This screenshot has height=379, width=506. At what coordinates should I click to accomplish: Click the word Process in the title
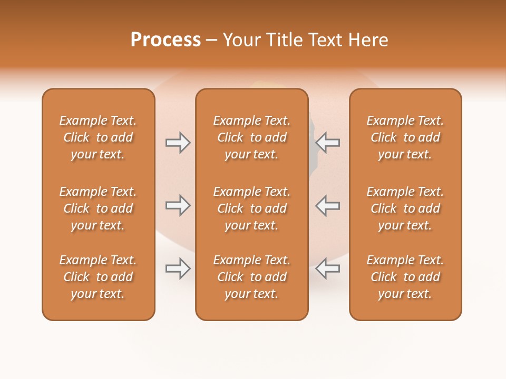tap(166, 40)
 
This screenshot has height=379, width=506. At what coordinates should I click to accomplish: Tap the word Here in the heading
tap(368, 40)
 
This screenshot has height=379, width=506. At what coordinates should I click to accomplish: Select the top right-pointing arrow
tap(178, 143)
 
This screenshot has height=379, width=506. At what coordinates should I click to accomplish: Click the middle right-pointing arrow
tap(178, 205)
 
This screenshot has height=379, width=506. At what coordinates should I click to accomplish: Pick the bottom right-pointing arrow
tap(178, 268)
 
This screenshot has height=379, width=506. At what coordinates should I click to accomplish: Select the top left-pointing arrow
tap(327, 143)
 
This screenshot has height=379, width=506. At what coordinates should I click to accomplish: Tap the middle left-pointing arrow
tap(327, 205)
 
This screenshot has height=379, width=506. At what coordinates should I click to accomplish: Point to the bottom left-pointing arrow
tap(327, 268)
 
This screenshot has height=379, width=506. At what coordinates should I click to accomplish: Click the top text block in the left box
tap(98, 137)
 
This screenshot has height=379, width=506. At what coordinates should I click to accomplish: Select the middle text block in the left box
tap(98, 208)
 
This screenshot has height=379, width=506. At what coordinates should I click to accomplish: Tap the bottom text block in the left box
tap(98, 277)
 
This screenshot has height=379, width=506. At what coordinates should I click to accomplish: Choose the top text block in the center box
tap(251, 137)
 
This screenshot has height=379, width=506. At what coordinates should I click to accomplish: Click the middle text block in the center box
tap(251, 208)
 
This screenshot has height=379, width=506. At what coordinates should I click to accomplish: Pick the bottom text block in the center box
tap(251, 277)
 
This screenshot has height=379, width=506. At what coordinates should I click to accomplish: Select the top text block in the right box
tap(405, 137)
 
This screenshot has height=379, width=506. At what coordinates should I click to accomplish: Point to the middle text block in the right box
tap(405, 208)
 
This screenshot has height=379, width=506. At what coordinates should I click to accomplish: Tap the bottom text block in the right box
tap(405, 277)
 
